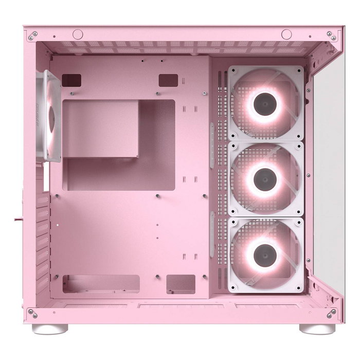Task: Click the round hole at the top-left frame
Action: click(78, 34)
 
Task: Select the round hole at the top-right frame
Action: click(286, 34)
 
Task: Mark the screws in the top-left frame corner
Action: click(32, 36)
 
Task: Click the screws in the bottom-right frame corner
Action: click(332, 313)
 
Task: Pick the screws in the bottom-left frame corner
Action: click(32, 313)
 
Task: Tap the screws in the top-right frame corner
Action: click(333, 36)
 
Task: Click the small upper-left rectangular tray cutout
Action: click(71, 80)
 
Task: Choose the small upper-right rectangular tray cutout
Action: click(168, 80)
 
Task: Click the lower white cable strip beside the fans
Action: click(211, 234)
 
